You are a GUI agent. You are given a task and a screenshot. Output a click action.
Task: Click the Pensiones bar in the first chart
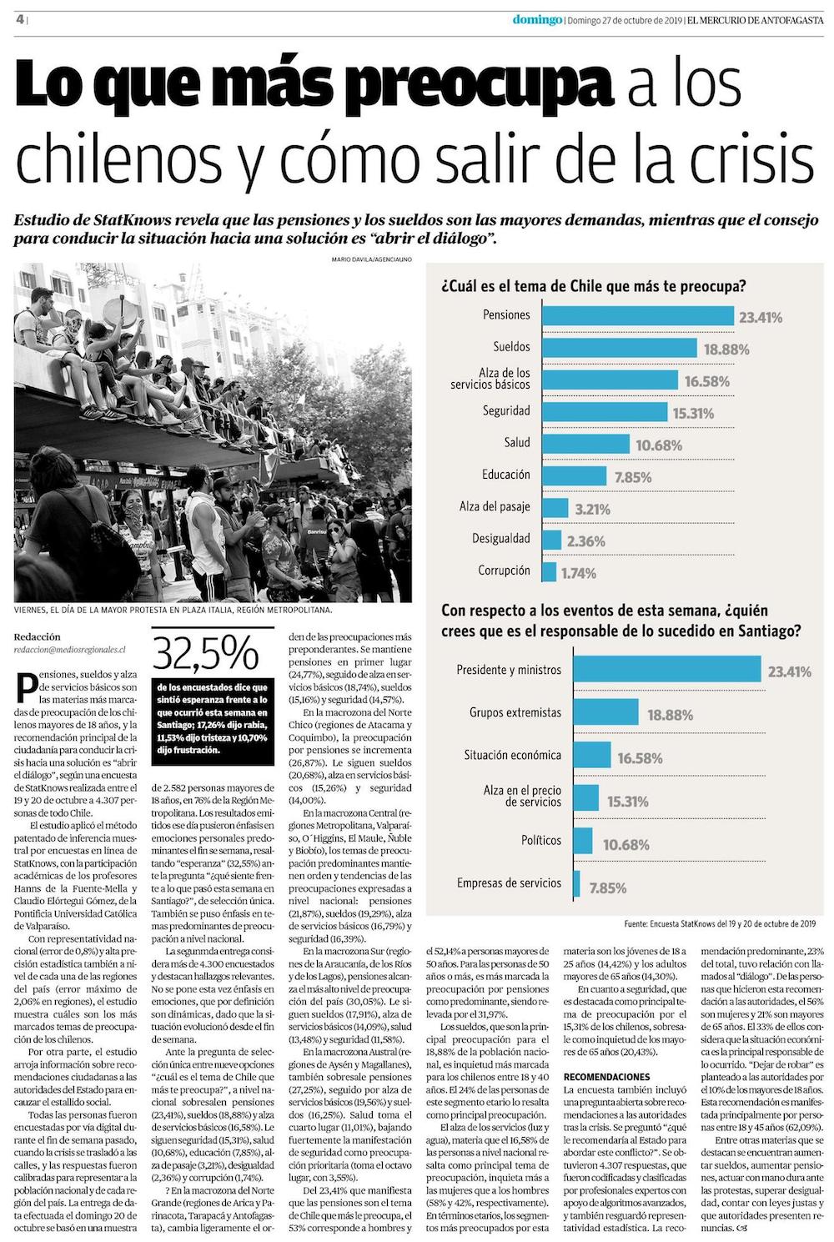tap(638, 315)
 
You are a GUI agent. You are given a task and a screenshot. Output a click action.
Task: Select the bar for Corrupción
tap(549, 571)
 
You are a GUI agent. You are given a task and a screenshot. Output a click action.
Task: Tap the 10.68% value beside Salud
tap(659, 445)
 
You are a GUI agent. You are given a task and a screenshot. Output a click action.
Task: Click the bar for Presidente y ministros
tap(651, 670)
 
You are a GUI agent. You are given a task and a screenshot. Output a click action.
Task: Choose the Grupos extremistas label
tap(515, 713)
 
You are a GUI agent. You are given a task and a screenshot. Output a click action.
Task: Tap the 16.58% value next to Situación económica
tap(641, 758)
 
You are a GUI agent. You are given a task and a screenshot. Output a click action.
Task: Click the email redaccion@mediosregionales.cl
tap(69, 648)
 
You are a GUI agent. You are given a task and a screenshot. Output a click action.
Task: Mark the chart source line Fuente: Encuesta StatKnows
tap(718, 923)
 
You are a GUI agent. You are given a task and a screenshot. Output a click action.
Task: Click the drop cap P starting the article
tap(27, 689)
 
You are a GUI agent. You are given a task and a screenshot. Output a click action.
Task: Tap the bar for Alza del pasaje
tap(555, 507)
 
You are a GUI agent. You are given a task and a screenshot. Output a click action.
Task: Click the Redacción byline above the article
tap(37, 636)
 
